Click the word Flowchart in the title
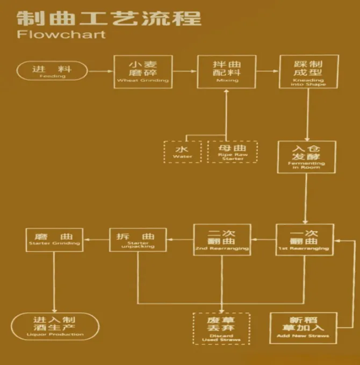61,34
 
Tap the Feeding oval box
52,71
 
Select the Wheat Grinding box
143,71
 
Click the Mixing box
226,71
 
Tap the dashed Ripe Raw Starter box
232,152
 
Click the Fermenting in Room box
306,157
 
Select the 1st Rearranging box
304,239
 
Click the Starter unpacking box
138,240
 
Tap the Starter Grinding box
54,239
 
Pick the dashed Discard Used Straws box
221,328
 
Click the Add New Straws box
304,328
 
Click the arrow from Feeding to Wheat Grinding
100,70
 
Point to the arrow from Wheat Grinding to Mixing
184,70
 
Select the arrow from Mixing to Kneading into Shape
267,70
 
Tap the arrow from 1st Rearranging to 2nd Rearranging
263,239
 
